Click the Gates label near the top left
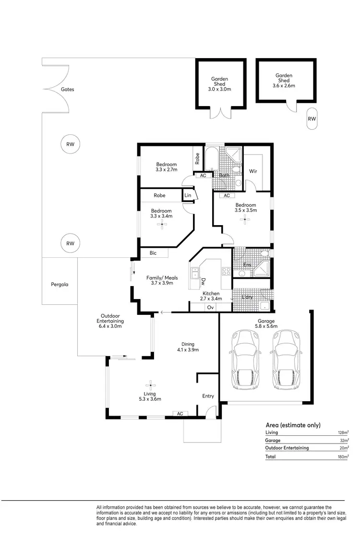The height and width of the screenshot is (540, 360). pos(67,89)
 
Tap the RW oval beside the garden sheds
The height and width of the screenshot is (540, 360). pos(312,119)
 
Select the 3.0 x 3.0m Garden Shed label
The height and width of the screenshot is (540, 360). pos(219,84)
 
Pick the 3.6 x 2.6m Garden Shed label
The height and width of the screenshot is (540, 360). pos(284,80)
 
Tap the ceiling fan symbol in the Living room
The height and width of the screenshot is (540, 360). pos(150,385)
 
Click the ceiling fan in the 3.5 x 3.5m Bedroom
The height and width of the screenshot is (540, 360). pos(246,220)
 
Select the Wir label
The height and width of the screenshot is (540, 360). pos(253,171)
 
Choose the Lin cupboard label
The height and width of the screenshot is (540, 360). pos(188,196)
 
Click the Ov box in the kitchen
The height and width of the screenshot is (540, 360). pos(210,307)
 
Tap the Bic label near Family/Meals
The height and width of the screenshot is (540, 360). pos(153,252)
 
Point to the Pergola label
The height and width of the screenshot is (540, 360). pos(60,284)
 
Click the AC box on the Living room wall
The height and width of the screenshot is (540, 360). pos(180,413)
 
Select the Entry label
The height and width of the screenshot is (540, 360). pos(208,396)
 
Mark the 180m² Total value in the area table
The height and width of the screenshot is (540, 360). pos(343,457)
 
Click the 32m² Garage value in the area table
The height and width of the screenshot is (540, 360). pos(344,440)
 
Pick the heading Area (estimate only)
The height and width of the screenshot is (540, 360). pos(293,425)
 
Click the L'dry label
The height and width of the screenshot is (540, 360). pos(247,297)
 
